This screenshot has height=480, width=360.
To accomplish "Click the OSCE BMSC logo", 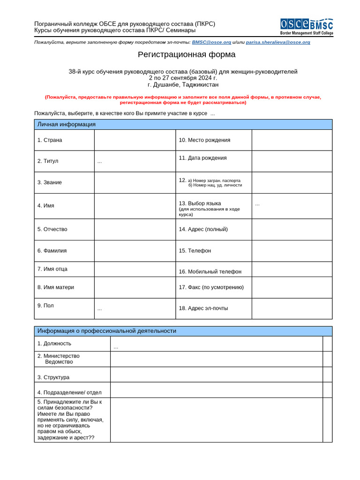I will [x=307, y=27].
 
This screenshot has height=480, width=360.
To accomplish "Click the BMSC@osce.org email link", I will [x=211, y=42].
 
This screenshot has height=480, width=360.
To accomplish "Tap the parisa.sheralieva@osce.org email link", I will [x=278, y=42].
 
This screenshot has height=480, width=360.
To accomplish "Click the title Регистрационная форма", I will [x=187, y=54].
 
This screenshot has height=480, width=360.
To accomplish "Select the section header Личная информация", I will [x=67, y=124].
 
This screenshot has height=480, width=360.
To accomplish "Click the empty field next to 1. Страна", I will [x=135, y=140].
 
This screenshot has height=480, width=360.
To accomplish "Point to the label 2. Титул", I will [x=48, y=161].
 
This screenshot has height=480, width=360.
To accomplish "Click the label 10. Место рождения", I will [x=204, y=140].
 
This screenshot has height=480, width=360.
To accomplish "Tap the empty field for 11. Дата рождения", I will [x=292, y=161].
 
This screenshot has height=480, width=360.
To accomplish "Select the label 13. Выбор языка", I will [x=200, y=203].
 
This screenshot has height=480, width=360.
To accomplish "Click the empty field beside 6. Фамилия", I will [x=135, y=251].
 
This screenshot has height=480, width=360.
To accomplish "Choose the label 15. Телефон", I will [x=195, y=251].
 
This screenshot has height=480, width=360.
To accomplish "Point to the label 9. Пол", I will [x=45, y=306].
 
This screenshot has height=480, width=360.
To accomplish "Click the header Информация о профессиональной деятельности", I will [x=107, y=331].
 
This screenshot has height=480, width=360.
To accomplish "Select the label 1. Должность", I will [x=54, y=344].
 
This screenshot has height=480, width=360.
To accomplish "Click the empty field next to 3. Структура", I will [x=216, y=375].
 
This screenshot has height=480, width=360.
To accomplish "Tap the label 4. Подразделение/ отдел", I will [x=69, y=393].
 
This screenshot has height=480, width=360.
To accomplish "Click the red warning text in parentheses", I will [x=183, y=99].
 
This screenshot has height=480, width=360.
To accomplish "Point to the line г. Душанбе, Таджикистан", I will [x=183, y=85].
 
